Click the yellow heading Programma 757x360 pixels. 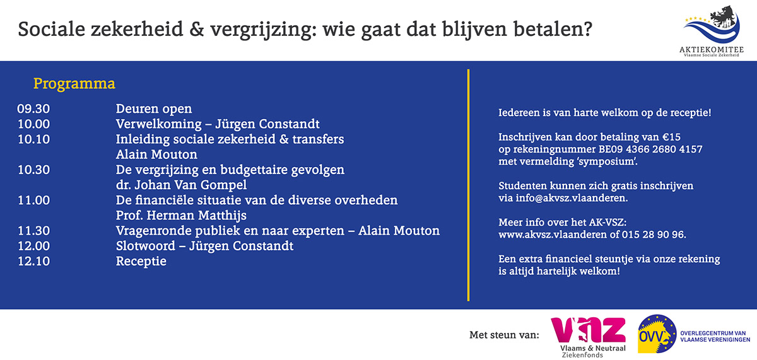pos(74,84)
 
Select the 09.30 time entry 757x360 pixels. pos(33,108)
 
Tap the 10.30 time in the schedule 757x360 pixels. pos(33,170)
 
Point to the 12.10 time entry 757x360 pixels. pos(33,261)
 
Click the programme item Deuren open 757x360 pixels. pos(154,109)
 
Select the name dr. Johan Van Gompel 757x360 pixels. pos(181,185)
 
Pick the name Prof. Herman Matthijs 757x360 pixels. pos(181,216)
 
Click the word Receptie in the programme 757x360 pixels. pos(141,262)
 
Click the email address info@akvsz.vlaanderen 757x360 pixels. pos(571,198)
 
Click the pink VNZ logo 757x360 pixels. pos(589,337)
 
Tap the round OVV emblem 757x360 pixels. pos(657,334)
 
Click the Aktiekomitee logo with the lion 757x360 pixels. pos(712,31)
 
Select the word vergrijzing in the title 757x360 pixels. pos(259,30)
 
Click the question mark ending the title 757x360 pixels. pos(587,29)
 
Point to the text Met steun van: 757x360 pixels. pos(504,335)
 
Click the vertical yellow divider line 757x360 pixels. pos(468,185)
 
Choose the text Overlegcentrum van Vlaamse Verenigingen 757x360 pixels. pos(715,337)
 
